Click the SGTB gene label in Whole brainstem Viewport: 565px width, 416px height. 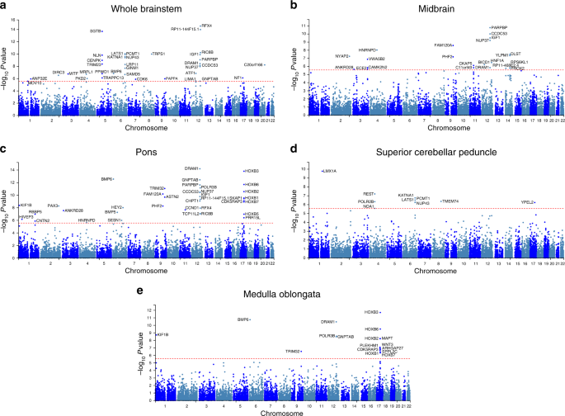click(x=96, y=31)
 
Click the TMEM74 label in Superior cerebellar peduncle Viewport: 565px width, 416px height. click(x=450, y=201)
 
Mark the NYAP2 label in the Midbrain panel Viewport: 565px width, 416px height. click(x=342, y=56)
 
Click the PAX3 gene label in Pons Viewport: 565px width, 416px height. click(x=53, y=205)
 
